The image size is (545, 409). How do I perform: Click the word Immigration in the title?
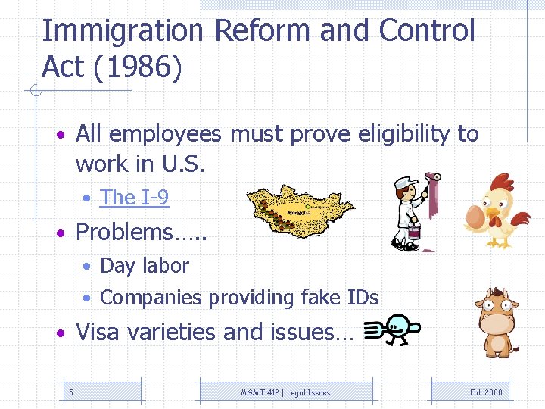123,31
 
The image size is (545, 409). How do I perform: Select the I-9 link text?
134,198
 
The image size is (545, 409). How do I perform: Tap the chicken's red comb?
500,181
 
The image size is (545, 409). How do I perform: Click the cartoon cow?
496,321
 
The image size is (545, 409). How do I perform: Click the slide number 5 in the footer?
70,392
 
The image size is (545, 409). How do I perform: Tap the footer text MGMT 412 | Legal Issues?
285,392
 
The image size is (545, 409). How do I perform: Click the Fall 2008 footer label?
486,392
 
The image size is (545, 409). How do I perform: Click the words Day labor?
144,266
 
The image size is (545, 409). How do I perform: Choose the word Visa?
100,332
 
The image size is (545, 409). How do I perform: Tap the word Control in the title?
427,31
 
